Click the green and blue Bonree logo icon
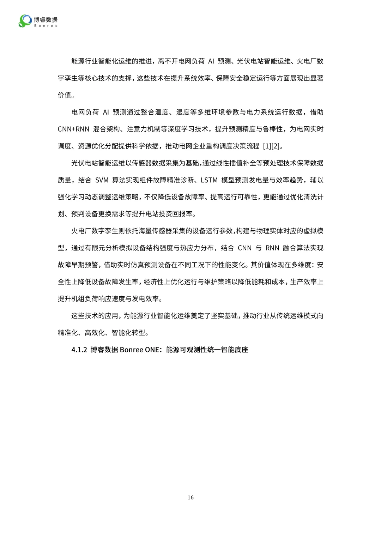click(x=25, y=21)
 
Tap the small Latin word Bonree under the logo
click(x=46, y=26)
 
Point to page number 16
click(x=190, y=497)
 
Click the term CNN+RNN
click(x=73, y=129)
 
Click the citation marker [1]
click(x=267, y=146)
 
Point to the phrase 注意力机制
click(x=144, y=129)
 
